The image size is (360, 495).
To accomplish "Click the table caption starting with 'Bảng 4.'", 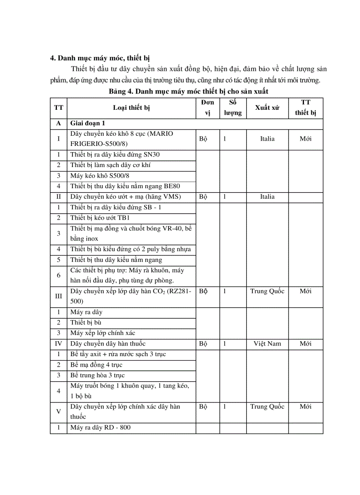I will point(189,91).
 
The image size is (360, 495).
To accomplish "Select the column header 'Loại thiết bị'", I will point(131,108).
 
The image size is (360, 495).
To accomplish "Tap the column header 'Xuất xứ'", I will point(267,108).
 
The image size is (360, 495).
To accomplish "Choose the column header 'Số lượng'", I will point(232,108).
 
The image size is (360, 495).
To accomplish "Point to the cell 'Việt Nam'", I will point(267,344).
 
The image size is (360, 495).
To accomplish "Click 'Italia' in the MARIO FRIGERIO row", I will point(267,139).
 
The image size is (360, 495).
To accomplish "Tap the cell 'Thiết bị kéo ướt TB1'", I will point(100,218).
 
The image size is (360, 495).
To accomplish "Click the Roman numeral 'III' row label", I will point(58,296).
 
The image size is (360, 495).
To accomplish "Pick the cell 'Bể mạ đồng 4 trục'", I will point(96,365).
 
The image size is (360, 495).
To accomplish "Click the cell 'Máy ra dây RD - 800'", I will point(100,428).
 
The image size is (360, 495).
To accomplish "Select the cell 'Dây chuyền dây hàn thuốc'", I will point(108,344).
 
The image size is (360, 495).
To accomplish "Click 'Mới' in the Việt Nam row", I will point(305,344).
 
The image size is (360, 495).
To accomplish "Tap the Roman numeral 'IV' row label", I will point(58,344).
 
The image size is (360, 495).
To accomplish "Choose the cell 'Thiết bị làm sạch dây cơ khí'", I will point(111,165).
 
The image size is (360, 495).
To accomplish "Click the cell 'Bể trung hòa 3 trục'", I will point(97,376).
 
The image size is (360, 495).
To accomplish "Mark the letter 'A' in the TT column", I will point(58,123).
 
